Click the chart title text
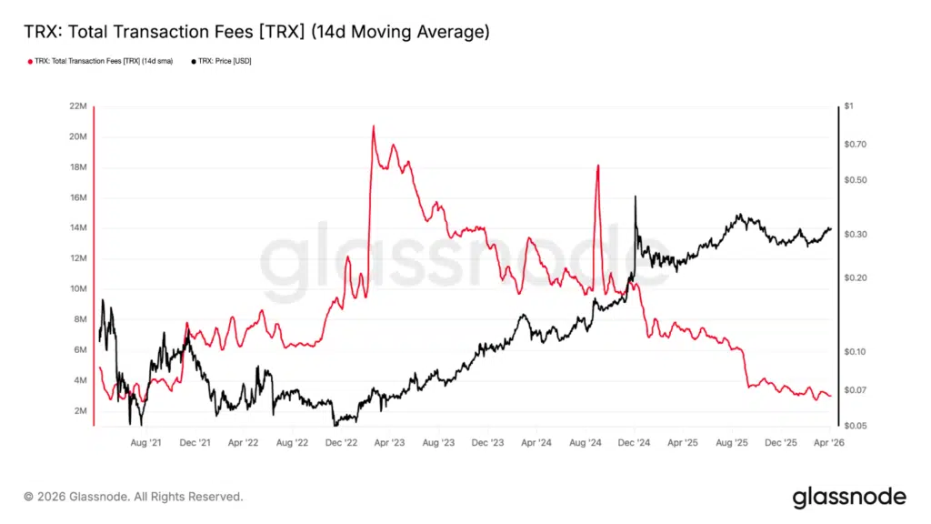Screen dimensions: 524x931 pyautogui.click(x=256, y=33)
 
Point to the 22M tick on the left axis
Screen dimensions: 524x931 pyautogui.click(x=76, y=106)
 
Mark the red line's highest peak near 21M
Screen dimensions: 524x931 pyautogui.click(x=373, y=126)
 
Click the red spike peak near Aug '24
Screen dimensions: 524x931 pyautogui.click(x=597, y=165)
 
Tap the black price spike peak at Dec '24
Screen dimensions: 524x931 pyautogui.click(x=635, y=196)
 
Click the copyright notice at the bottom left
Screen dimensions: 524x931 pyautogui.click(x=134, y=497)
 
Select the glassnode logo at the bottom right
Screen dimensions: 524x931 pyautogui.click(x=849, y=497)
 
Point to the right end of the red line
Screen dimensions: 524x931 pyautogui.click(x=830, y=396)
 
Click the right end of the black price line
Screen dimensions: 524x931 pyautogui.click(x=830, y=229)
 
